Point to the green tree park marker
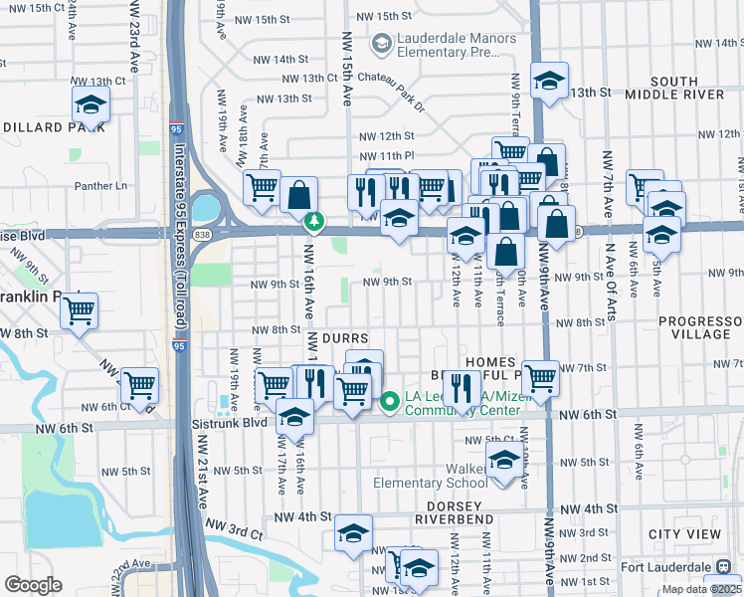click(314, 220)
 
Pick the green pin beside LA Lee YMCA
click(390, 401)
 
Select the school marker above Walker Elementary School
click(504, 459)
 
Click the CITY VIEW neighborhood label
click(684, 534)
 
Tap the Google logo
click(33, 585)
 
